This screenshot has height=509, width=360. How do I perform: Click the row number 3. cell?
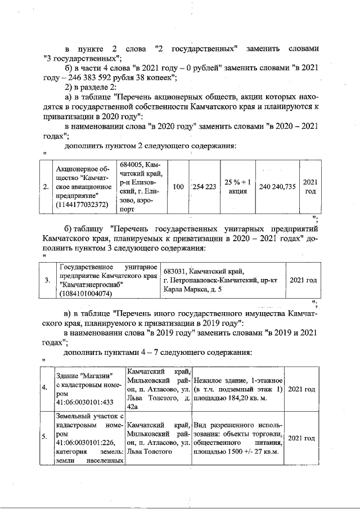(47, 280)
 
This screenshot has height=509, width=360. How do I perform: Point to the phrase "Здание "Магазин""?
(84, 376)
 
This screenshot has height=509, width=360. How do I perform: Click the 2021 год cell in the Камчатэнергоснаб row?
(302, 280)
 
